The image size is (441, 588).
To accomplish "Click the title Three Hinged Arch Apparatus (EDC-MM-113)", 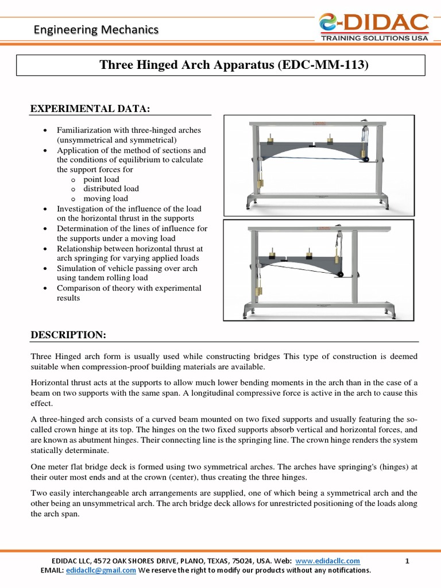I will click(x=233, y=65).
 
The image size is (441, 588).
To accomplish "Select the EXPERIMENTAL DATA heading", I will click(x=91, y=109).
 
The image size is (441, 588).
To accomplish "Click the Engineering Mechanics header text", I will click(x=95, y=29).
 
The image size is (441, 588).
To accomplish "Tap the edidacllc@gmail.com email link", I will click(x=101, y=570).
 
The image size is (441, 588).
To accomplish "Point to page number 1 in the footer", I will click(x=407, y=561).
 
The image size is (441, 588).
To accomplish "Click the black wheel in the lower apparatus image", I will click(x=340, y=274).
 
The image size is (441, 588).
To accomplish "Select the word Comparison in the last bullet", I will click(x=78, y=288).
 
